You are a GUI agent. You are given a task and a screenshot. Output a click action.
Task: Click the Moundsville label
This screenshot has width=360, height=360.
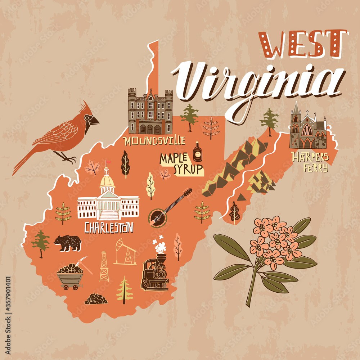tap(154, 141)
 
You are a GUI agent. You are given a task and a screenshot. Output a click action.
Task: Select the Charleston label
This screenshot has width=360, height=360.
tap(109, 228)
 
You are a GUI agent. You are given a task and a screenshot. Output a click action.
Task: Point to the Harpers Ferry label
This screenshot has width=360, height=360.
tap(310, 162)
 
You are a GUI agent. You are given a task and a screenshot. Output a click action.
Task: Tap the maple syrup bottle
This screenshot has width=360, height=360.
tap(197, 152)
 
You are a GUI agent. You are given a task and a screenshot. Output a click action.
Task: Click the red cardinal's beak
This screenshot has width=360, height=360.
tap(94, 121)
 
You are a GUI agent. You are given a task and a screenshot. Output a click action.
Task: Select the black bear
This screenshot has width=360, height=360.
tap(67, 243)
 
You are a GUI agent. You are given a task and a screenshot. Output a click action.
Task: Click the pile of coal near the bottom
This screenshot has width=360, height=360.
tap(96, 299)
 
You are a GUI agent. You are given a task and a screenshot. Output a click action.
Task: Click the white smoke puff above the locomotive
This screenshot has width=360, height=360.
tap(161, 247)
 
